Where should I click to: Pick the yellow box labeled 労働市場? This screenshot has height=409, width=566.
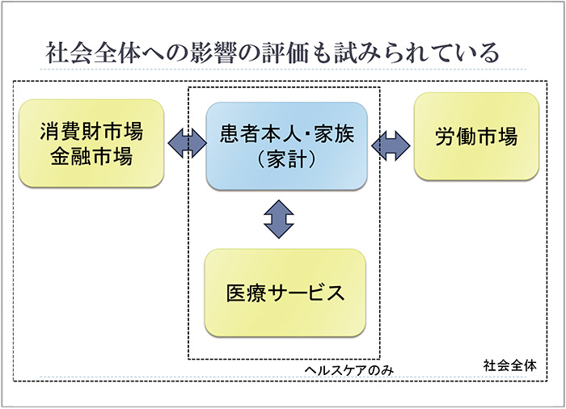tap(476, 136)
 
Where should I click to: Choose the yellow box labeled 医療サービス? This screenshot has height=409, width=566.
tap(285, 292)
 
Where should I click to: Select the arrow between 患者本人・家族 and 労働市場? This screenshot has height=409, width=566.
tap(391, 143)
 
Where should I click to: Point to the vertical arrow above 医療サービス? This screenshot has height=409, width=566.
tap(279, 219)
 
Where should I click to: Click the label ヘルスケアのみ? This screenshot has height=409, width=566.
tap(341, 369)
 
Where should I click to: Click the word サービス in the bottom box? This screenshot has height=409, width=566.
tap(305, 292)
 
